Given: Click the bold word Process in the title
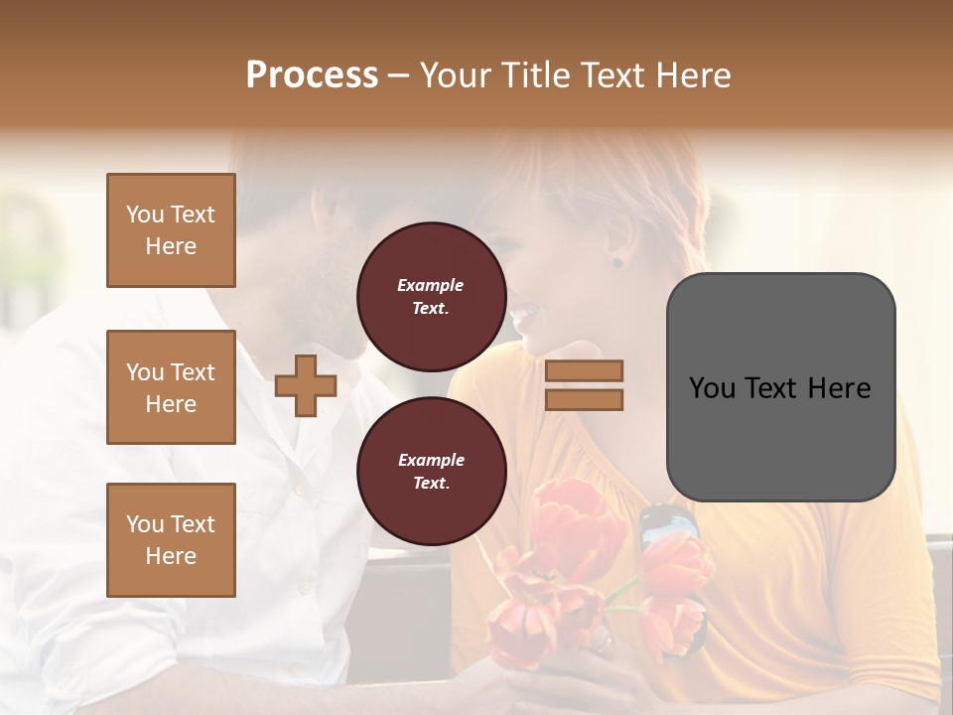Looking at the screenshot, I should [312, 74].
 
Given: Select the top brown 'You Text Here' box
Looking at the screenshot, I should [171, 230].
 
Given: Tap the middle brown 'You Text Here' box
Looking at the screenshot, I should [171, 387].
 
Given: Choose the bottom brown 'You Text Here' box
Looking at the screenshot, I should [171, 539].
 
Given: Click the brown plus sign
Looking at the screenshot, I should [305, 385].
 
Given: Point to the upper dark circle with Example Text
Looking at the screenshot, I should [431, 296].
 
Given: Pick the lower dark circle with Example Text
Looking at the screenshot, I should [431, 471].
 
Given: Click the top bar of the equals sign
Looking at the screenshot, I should [584, 370].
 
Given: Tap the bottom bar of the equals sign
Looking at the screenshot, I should [584, 399].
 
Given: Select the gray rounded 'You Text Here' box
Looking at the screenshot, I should [780, 387].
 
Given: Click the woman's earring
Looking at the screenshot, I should [616, 262].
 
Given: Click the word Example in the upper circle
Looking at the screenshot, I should [430, 285].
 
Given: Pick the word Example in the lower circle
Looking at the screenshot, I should [431, 460].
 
